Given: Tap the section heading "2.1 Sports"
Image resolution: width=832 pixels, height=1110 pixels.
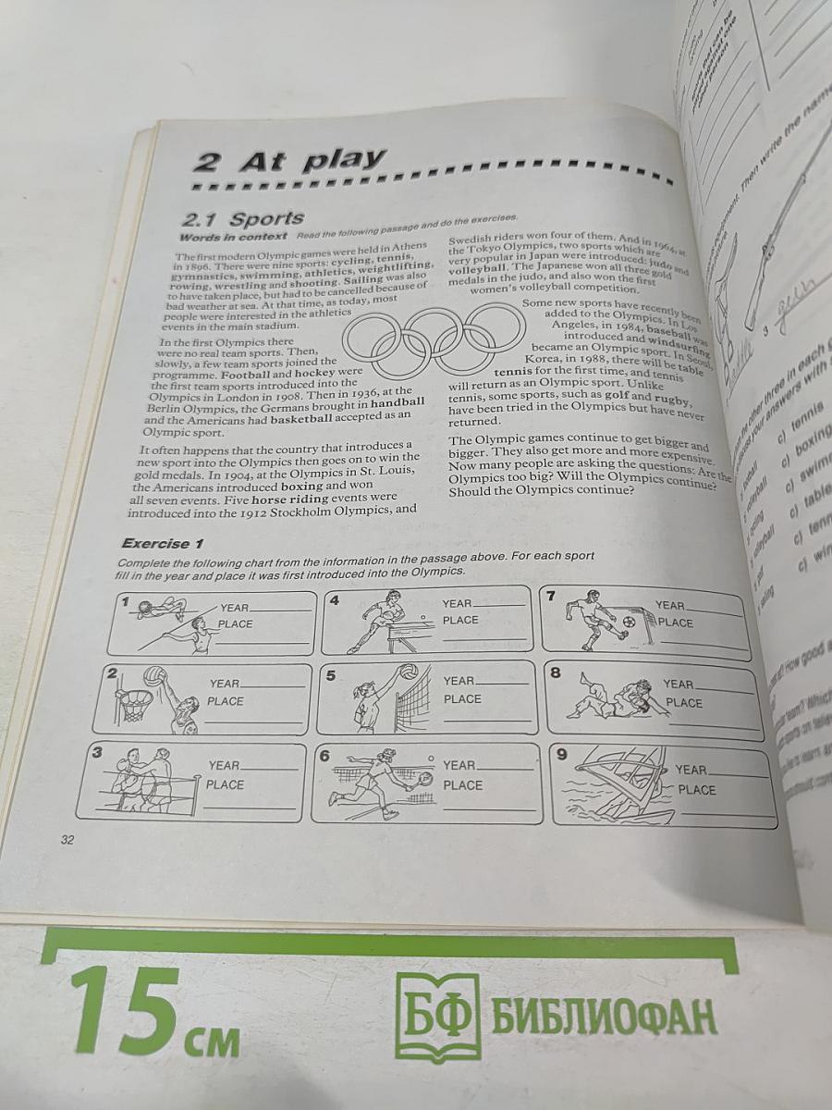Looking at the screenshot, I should (x=243, y=219).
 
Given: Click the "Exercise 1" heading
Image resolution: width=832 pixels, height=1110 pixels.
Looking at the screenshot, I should (x=163, y=543).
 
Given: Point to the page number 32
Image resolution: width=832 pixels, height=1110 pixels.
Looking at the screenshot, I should (x=67, y=839).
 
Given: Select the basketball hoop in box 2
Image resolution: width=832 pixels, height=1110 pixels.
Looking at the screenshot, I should (x=134, y=704).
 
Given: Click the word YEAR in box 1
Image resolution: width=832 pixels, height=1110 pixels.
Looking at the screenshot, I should (x=235, y=608).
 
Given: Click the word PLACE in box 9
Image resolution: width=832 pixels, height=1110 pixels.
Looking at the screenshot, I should (x=696, y=790).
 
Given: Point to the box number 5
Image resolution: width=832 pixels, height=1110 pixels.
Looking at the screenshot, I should (x=330, y=675).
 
